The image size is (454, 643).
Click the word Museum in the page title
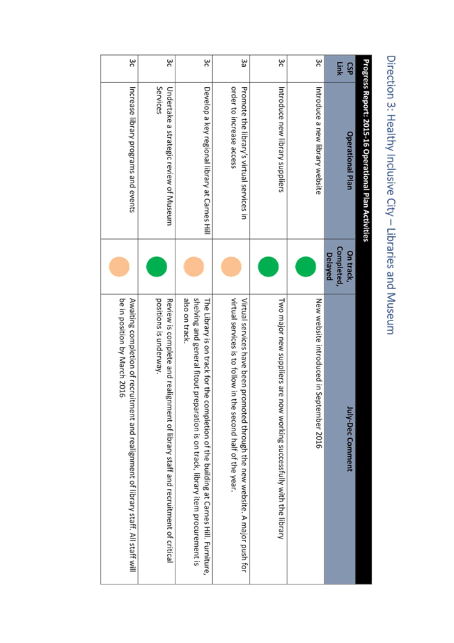pos(390,313)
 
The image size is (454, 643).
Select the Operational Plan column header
pos(349,160)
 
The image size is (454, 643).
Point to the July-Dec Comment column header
pos(349,439)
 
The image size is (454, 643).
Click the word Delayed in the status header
pos(329,267)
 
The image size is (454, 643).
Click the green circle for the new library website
pos(306,267)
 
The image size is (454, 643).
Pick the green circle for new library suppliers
pos(268,267)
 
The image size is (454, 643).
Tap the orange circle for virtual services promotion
pos(231,267)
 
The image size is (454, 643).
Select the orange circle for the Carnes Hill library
pos(194,267)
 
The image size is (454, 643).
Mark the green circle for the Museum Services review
pos(157,267)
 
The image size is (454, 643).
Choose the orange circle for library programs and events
pos(119,267)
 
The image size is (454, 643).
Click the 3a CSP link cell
pos(244,63)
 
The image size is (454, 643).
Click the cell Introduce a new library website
pos(318,140)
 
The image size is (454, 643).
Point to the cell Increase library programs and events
pos(132,149)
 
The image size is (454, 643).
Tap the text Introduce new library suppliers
pos(281,139)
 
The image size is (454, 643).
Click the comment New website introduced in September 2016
pos(318,373)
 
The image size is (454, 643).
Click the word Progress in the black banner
pos(366,74)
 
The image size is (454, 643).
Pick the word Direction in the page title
pos(391,77)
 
